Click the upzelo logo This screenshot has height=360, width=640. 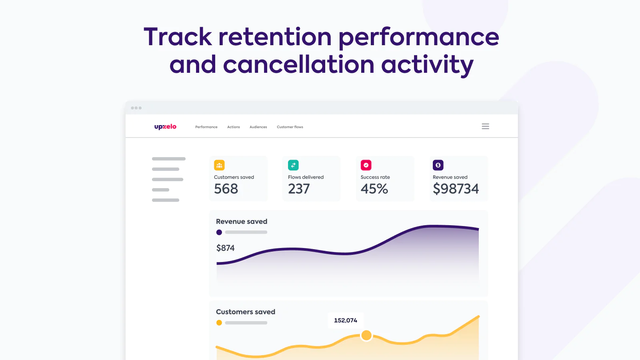click(165, 127)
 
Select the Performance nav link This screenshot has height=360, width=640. click(206, 127)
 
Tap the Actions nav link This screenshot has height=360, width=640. click(234, 127)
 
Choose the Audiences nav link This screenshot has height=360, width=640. click(258, 127)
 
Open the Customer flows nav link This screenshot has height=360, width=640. click(290, 127)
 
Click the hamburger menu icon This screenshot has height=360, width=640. click(485, 126)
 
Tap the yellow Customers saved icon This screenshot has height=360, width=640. click(219, 165)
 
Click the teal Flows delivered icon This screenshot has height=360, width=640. click(293, 165)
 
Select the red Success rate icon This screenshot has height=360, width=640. click(366, 165)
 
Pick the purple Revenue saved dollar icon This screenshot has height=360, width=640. click(438, 165)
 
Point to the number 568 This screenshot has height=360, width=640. click(226, 189)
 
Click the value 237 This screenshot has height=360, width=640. click(299, 189)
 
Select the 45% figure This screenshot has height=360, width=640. click(374, 189)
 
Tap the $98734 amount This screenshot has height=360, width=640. click(456, 189)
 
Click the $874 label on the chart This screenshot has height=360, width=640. click(226, 248)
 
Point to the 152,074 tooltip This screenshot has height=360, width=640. click(346, 320)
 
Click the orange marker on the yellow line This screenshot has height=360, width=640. click(366, 335)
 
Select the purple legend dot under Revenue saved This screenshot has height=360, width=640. click(219, 232)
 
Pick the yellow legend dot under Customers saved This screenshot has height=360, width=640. click(219, 323)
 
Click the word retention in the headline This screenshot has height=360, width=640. click(275, 37)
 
